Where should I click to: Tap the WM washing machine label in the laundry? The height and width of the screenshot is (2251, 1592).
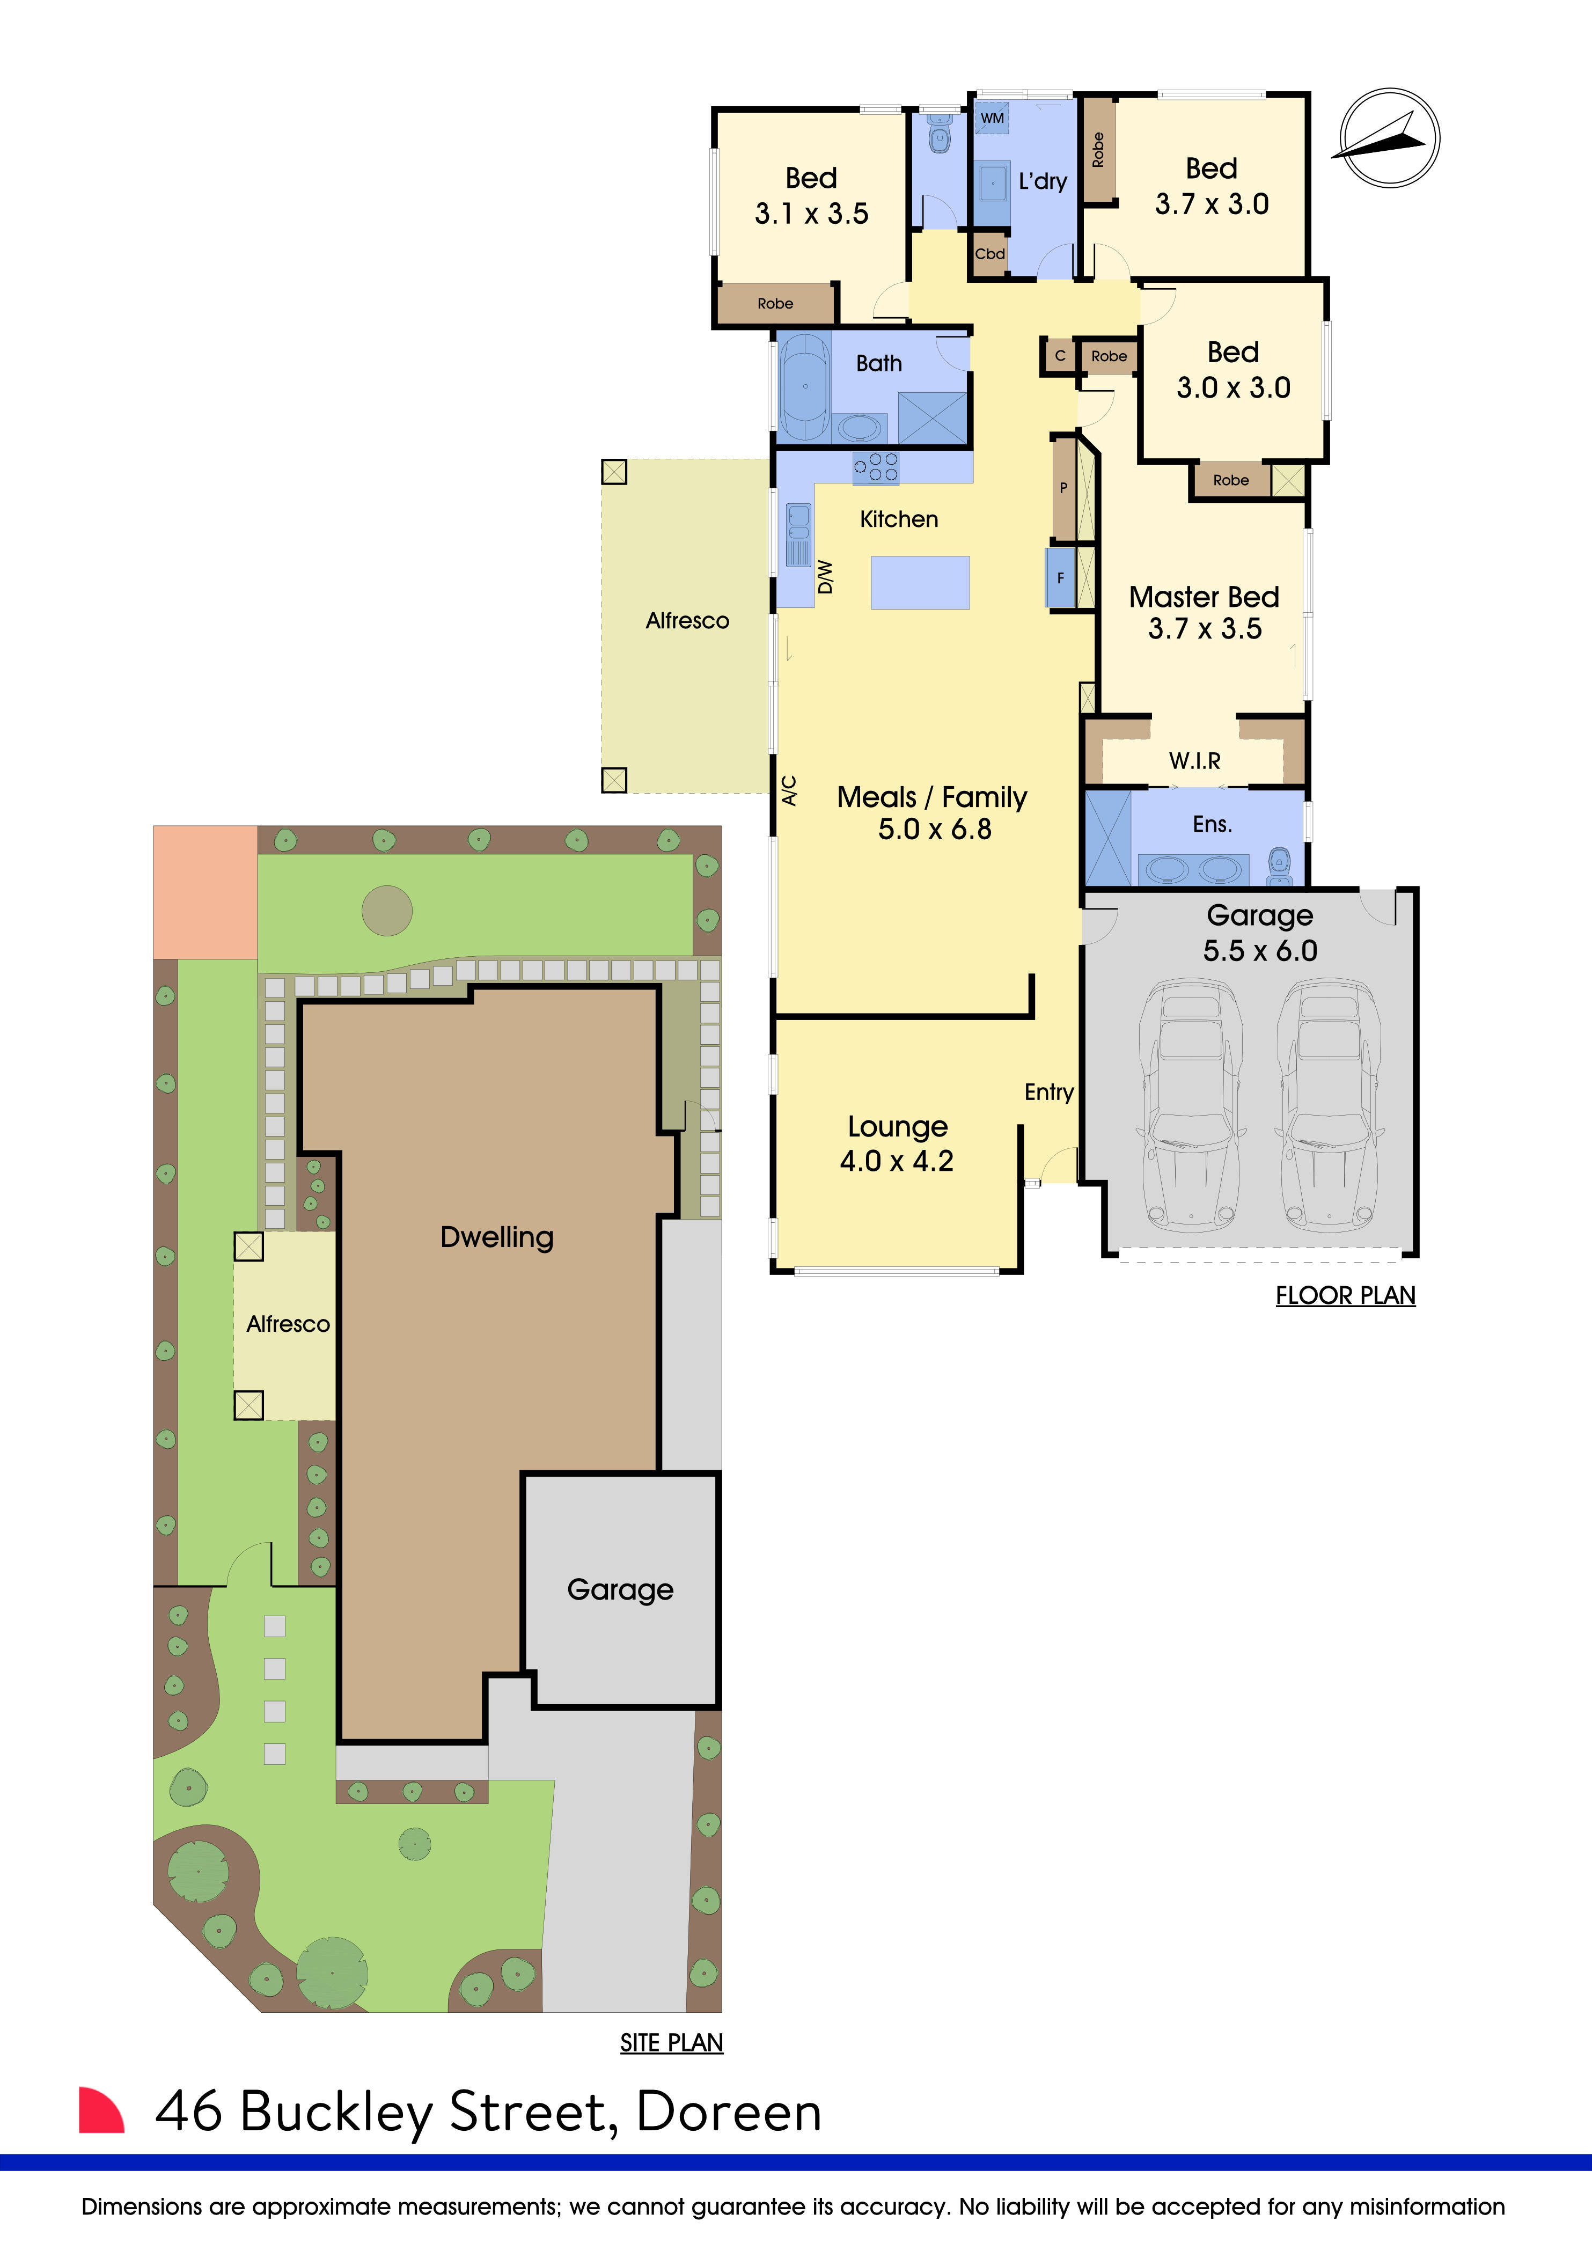point(992,119)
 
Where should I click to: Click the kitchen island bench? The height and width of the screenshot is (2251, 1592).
point(920,582)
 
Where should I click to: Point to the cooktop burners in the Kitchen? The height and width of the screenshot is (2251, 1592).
point(875,468)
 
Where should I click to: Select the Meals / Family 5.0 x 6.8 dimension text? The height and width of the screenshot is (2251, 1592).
point(933,828)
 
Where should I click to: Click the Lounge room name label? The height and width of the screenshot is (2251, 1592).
point(897,1126)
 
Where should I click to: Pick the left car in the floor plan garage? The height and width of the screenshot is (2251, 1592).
point(1190,1103)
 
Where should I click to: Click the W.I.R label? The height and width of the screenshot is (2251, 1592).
point(1194,761)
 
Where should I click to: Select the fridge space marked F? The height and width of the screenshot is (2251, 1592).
point(1060,578)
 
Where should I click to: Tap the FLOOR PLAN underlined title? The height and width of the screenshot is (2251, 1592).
point(1345,1295)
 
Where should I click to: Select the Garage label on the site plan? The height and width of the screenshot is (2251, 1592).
point(620,1589)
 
